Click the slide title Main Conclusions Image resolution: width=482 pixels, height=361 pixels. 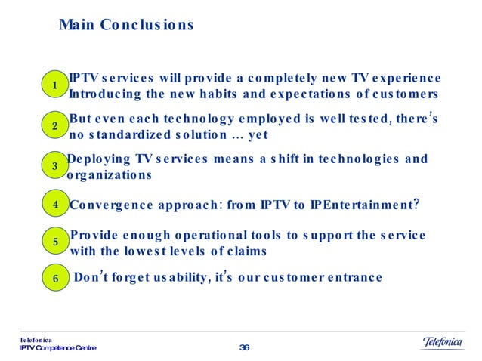126,26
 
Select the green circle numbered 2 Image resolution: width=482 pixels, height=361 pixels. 55,127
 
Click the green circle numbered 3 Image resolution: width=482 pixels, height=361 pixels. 55,165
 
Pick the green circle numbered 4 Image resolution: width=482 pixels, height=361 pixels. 55,204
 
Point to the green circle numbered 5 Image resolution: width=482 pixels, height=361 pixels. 55,242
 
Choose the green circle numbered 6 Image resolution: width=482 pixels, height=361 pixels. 55,278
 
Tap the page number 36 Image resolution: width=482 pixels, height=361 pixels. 243,347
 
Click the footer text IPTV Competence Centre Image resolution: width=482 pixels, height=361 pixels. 58,348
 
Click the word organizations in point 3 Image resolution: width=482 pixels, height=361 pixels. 110,175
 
